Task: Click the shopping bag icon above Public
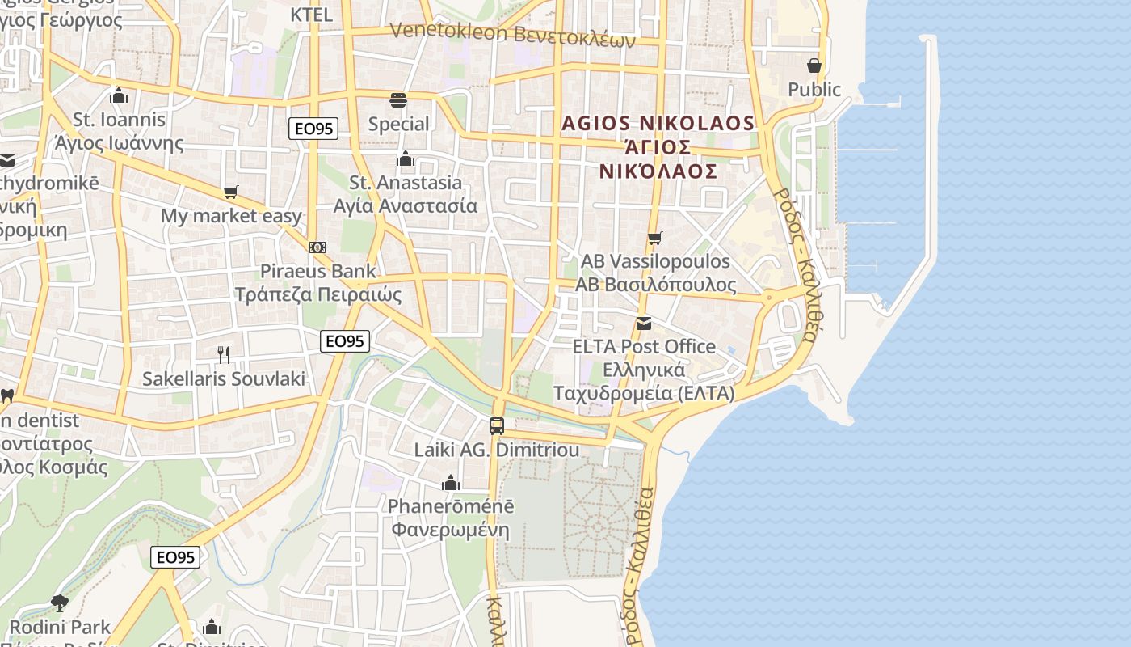[x=814, y=66]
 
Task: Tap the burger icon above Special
[x=398, y=100]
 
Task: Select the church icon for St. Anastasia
[x=406, y=159]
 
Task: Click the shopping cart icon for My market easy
[x=231, y=192]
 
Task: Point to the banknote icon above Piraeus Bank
[x=317, y=247]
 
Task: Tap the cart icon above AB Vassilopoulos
[x=654, y=238]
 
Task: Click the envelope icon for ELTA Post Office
[x=644, y=323]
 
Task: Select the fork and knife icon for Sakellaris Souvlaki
[x=224, y=354]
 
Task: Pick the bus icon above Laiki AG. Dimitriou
[x=497, y=425]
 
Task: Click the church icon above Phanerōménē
[x=451, y=483]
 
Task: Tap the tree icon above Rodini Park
[x=59, y=603]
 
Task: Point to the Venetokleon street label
[x=513, y=34]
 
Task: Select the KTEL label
[x=311, y=15]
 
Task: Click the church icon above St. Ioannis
[x=119, y=95]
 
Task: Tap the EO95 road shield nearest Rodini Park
[x=175, y=557]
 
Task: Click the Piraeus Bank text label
[x=318, y=271]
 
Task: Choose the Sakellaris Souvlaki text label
[x=224, y=378]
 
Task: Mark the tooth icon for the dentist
[x=7, y=396]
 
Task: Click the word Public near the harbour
[x=814, y=89]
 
